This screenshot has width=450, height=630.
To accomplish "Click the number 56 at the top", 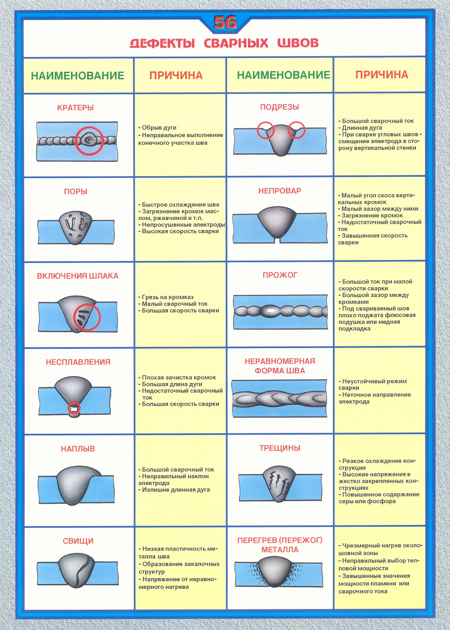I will (x=225, y=23).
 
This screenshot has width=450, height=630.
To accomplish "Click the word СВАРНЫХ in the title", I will (x=236, y=43).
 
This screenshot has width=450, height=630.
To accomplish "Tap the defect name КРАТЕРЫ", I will (x=75, y=108).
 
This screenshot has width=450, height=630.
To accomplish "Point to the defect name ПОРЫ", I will (x=75, y=192).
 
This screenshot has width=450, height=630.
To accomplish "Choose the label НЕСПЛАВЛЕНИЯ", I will (x=78, y=362).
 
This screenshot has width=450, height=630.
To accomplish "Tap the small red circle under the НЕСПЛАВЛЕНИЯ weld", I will (x=74, y=408).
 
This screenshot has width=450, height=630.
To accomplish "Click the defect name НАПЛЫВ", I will (x=78, y=449).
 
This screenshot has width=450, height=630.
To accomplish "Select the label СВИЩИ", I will (x=78, y=541).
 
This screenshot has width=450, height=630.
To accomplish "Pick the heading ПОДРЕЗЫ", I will (x=280, y=107).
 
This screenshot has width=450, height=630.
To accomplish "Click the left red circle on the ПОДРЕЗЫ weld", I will (x=265, y=130).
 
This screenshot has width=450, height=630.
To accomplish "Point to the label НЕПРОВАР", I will (x=280, y=191).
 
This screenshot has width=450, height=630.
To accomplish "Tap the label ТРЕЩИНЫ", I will (x=280, y=448).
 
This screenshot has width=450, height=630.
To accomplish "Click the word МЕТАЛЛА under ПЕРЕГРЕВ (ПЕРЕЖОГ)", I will (x=280, y=550).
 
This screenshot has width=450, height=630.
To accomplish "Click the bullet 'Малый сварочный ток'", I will (x=174, y=304).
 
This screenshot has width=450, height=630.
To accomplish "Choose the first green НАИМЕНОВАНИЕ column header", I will (x=78, y=76).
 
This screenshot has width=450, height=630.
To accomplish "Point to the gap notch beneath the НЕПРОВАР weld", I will (x=277, y=240).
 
